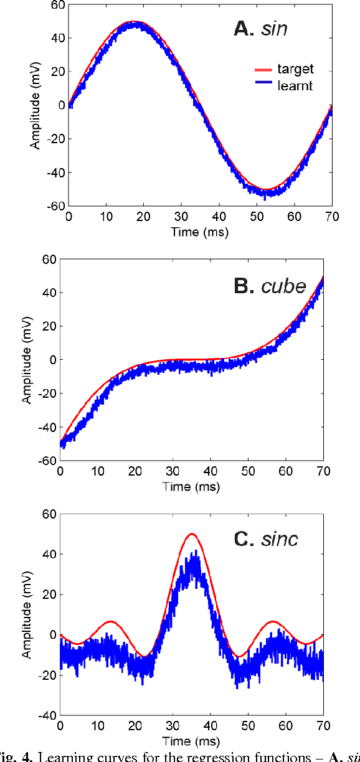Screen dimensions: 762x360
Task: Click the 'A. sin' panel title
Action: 272,28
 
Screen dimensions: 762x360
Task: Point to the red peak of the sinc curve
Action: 192,534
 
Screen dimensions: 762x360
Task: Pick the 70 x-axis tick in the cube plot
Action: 323,473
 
